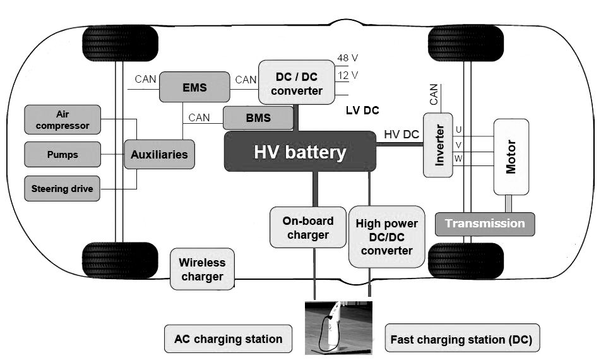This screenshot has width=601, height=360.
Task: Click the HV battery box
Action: tap(300, 152)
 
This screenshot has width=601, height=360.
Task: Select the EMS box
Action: tap(194, 87)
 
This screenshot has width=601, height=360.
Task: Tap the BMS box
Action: tap(258, 117)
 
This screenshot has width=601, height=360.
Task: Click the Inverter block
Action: tap(438, 145)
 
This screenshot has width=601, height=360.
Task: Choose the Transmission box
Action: tap(484, 224)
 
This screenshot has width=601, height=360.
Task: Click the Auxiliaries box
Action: tap(159, 153)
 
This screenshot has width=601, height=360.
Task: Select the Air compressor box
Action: tap(62, 120)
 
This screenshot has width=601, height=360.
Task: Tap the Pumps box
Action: tap(62, 154)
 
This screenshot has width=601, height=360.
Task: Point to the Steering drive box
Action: tap(62, 188)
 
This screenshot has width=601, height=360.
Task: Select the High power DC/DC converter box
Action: tap(386, 236)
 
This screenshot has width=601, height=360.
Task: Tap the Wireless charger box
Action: tap(202, 269)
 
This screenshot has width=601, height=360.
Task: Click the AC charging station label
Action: tap(228, 339)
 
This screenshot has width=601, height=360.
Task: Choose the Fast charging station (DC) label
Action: tap(461, 339)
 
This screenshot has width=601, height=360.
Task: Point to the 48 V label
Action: tap(347, 58)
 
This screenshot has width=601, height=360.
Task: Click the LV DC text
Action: tap(362, 111)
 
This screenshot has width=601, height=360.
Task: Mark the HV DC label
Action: tap(402, 134)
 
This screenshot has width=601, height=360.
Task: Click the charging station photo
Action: tap(338, 327)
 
